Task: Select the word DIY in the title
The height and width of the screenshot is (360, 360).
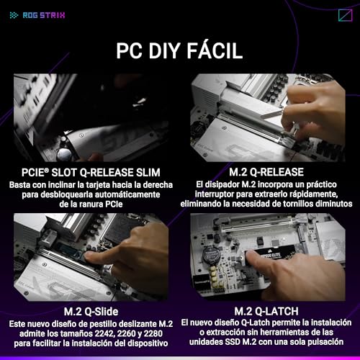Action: [161, 51]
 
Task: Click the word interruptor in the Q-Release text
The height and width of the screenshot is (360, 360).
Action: [230, 194]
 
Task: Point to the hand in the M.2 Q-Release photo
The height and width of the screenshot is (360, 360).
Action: [317, 108]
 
